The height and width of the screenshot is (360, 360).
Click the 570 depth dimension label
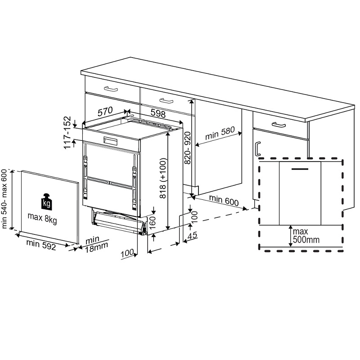tap(105, 112)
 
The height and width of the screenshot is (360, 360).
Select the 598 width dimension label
tap(158, 113)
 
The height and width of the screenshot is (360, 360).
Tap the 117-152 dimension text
tap(67, 133)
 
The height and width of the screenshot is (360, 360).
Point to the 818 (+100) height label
tap(162, 178)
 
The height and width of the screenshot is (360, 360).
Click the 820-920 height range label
tap(188, 148)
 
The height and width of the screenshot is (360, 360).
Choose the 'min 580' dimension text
tap(220, 133)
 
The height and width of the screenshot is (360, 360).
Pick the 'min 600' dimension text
tap(224, 200)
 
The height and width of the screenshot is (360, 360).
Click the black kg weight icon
tap(47, 202)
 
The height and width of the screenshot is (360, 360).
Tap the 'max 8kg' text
tap(42, 218)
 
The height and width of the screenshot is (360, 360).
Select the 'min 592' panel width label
tap(41, 244)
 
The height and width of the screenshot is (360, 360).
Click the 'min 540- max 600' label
tap(4, 199)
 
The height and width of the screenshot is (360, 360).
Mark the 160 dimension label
tap(153, 222)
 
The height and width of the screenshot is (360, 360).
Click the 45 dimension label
tap(193, 235)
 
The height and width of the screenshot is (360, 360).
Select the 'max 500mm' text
tap(306, 235)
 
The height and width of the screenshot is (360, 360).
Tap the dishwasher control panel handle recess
tap(110, 141)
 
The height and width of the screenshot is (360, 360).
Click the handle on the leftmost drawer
tap(111, 89)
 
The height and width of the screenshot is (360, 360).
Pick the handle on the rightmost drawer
tap(279, 125)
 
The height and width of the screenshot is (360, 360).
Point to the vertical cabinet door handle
tap(258, 149)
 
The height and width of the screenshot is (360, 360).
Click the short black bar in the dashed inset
tap(300, 169)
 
